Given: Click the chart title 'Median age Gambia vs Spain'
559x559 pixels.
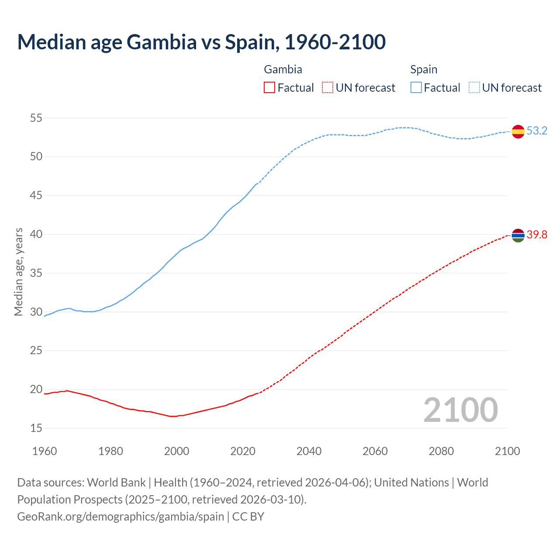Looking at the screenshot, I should coord(201,42).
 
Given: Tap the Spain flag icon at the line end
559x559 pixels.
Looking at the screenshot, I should coord(518,131).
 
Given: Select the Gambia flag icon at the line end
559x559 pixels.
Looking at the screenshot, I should coord(518,235).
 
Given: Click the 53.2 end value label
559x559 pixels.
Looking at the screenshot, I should coord(537,131).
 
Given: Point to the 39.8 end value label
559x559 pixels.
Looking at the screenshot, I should coord(537,235).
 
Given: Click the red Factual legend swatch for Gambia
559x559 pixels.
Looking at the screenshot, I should coord(269,88).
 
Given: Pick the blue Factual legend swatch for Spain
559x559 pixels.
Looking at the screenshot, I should coord(416,88).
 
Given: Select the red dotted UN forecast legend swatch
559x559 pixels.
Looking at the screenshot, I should coord(328,88).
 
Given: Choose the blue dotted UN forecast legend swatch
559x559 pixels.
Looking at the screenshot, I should coord(474,88).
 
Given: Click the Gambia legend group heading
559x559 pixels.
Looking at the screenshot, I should coord(283,69).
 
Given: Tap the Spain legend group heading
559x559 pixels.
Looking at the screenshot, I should coord(424,69).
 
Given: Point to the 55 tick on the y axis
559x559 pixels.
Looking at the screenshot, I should coord(36,118).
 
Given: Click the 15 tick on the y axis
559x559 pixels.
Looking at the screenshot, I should coord(36,428).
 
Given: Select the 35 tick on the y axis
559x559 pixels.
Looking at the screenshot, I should coord(36,273).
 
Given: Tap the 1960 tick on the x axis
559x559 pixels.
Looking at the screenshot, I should coord(45,451).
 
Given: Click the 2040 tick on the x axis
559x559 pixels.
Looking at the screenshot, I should coord(309,451).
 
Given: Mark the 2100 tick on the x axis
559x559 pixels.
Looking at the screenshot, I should coord(507,451).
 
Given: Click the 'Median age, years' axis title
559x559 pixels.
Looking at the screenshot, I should coord(18,272).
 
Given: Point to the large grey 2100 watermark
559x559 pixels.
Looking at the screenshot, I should coord(460,410).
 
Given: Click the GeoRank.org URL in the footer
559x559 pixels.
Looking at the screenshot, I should coord(121,517).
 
